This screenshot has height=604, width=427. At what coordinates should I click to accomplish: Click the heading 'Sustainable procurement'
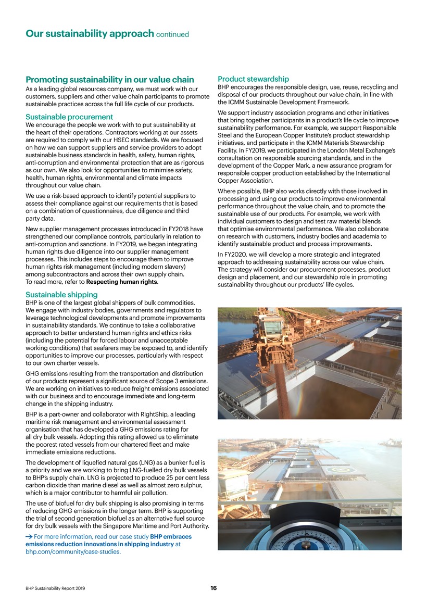coord(69,117)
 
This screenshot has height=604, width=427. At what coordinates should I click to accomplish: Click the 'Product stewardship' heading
coord(253,79)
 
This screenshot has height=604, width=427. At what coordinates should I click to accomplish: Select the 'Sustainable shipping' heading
coord(61,295)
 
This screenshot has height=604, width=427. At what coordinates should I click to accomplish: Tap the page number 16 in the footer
coord(213,588)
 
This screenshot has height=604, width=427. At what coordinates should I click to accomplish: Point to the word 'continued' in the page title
coord(172,35)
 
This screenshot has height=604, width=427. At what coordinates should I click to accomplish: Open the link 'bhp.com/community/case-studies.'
coord(73,552)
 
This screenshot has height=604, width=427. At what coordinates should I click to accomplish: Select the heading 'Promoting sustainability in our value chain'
coord(110,80)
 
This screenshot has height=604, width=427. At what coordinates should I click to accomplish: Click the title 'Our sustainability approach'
coord(89,34)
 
